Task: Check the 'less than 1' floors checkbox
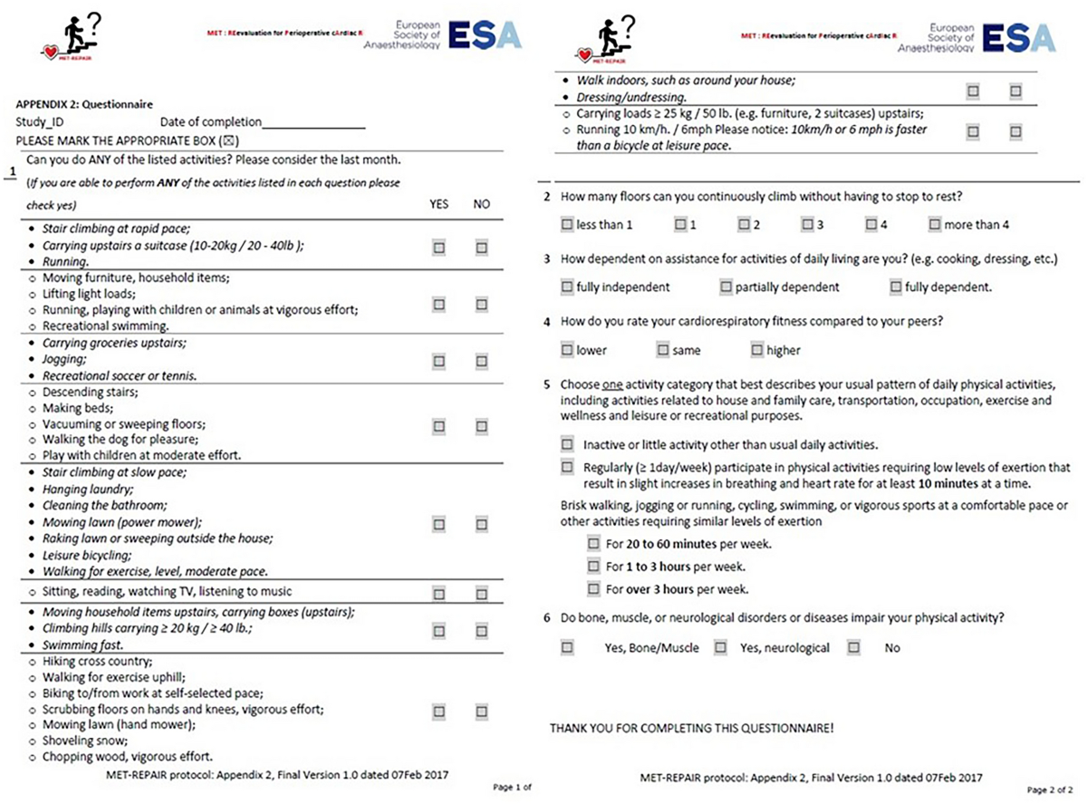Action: pyautogui.click(x=567, y=224)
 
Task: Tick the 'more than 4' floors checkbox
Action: pyautogui.click(x=935, y=224)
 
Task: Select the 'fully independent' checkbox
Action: pyautogui.click(x=567, y=287)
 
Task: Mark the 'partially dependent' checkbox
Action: pyautogui.click(x=726, y=287)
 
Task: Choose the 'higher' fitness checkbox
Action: pyautogui.click(x=757, y=350)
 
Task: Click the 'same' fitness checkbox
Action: pyautogui.click(x=663, y=350)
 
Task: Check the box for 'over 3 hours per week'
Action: pyautogui.click(x=593, y=589)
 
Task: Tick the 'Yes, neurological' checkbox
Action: pyautogui.click(x=720, y=647)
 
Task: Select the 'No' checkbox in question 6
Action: pyautogui.click(x=853, y=647)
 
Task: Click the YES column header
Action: pyautogui.click(x=438, y=205)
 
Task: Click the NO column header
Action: pyautogui.click(x=481, y=205)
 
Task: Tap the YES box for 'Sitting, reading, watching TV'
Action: pyautogui.click(x=439, y=594)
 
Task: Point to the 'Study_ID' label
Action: pyautogui.click(x=40, y=122)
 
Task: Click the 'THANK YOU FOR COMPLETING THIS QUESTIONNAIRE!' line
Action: pyautogui.click(x=691, y=728)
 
